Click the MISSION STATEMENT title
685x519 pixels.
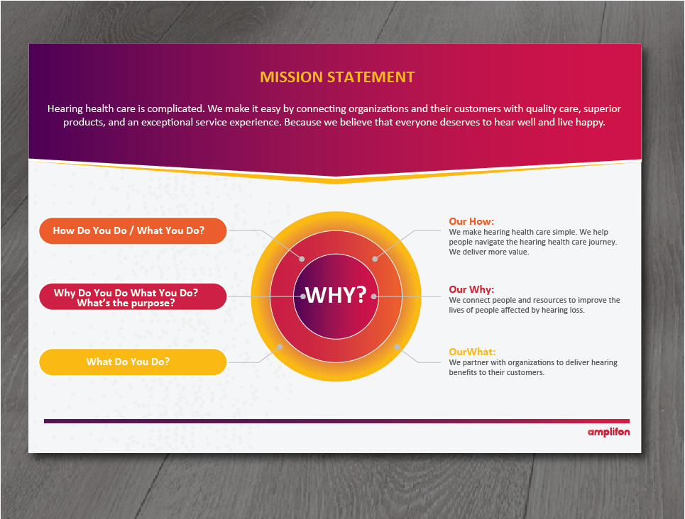click(x=336, y=77)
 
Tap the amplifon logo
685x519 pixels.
click(x=608, y=432)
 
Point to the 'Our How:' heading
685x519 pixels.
click(x=471, y=221)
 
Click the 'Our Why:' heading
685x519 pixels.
click(x=471, y=289)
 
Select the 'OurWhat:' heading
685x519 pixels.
click(x=472, y=352)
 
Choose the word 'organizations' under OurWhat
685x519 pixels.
click(x=525, y=362)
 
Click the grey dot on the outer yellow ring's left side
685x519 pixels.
click(x=280, y=347)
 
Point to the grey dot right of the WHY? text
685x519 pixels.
click(x=373, y=296)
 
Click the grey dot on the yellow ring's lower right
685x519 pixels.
click(x=398, y=347)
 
